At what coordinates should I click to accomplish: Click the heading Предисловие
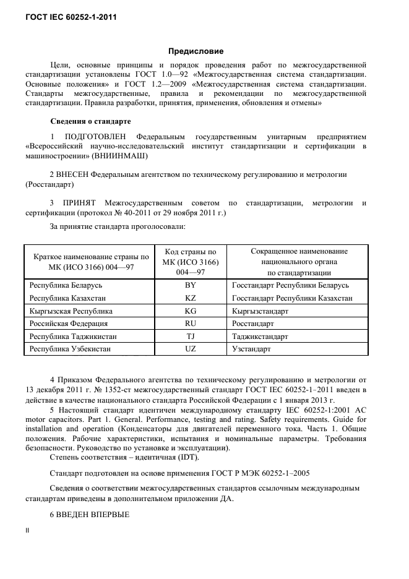pyautogui.click(x=196, y=51)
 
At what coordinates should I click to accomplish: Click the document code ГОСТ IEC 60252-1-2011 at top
pyautogui.click(x=70, y=17)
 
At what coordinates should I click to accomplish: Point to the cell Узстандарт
pyautogui.click(x=251, y=349)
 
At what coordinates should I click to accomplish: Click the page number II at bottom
pyautogui.click(x=27, y=531)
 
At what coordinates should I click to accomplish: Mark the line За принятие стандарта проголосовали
pyautogui.click(x=117, y=227)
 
